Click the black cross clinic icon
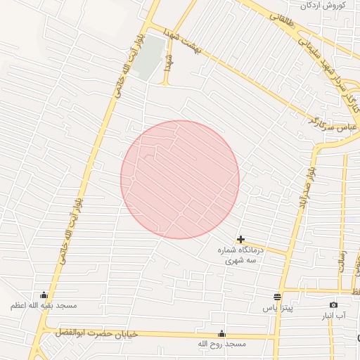click(241, 240)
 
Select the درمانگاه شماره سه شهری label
click(241, 255)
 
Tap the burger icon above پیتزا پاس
click(277, 297)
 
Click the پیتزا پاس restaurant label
click(277, 308)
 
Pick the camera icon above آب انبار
click(333, 304)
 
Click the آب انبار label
click(333, 316)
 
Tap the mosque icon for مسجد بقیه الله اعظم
click(44, 295)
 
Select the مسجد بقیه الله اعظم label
click(44, 306)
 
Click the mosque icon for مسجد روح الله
click(222, 333)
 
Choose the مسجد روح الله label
click(221, 344)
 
